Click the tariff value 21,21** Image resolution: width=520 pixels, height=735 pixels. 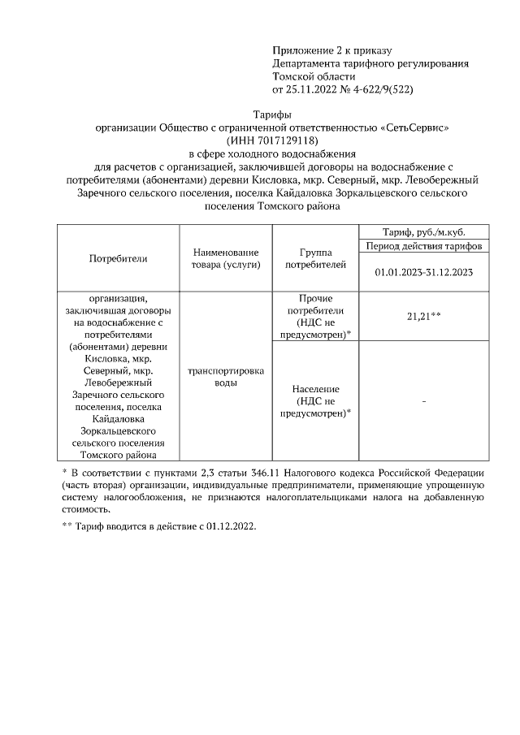423,316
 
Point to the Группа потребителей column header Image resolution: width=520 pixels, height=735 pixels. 316,258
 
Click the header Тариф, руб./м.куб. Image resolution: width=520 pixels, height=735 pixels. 423,231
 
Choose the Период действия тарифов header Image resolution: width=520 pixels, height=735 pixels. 423,245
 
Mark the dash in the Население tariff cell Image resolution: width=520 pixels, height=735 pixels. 423,401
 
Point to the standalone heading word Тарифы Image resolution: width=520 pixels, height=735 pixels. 272,115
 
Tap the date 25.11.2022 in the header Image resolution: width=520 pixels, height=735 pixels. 314,89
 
